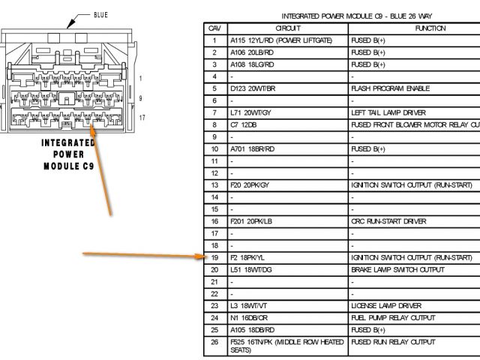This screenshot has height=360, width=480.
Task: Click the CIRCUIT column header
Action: [x=287, y=28]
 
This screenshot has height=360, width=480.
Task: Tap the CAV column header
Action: [x=214, y=28]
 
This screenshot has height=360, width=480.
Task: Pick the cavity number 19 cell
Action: [x=214, y=257]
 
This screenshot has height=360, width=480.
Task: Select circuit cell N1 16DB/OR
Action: [x=252, y=318]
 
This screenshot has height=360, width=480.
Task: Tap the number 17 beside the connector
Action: [x=142, y=118]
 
